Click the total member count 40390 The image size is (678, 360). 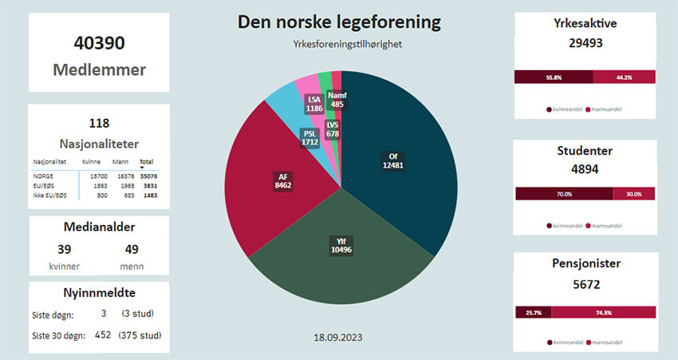pos(99,45)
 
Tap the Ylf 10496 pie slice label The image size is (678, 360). pos(341,245)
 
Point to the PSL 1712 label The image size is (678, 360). pos(310,137)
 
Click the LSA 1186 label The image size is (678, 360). pos(314,103)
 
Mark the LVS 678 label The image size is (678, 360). pos(333,129)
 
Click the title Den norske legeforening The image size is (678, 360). pos(339,22)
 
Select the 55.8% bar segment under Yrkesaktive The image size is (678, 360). pos(554,77)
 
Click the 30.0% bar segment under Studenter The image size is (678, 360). pos(634,194)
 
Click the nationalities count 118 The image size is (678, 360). pos(99,124)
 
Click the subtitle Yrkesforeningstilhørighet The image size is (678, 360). pos(339,45)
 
